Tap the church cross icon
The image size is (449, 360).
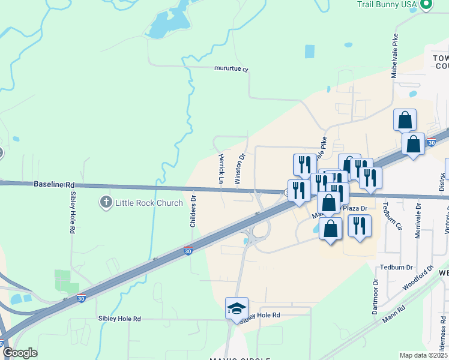coord(107,202)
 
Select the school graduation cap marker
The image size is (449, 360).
coord(237,308)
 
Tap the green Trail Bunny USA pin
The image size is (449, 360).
coord(426,4)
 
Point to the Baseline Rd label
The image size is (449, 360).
coord(54,184)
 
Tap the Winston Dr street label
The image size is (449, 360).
coord(240,169)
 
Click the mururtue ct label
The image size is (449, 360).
coord(231,69)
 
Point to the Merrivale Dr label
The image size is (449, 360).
coord(418,220)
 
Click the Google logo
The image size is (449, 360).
coord(20,353)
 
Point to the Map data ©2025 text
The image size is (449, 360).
coord(423,355)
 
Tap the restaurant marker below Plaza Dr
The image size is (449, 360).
coord(359,226)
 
